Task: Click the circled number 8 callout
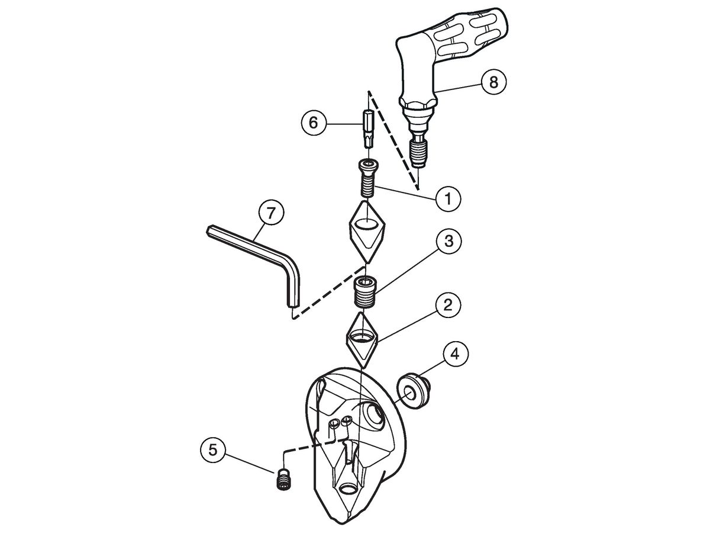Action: pyautogui.click(x=493, y=82)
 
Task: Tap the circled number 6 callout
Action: pyautogui.click(x=314, y=123)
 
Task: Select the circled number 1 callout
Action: pyautogui.click(x=448, y=198)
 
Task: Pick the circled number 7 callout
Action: pyautogui.click(x=272, y=213)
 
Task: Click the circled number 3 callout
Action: pyautogui.click(x=448, y=242)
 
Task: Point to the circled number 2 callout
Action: pyautogui.click(x=448, y=305)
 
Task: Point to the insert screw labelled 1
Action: pyautogui.click(x=368, y=178)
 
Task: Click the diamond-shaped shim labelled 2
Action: pyautogui.click(x=363, y=341)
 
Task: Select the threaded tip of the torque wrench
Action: pyautogui.click(x=419, y=153)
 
